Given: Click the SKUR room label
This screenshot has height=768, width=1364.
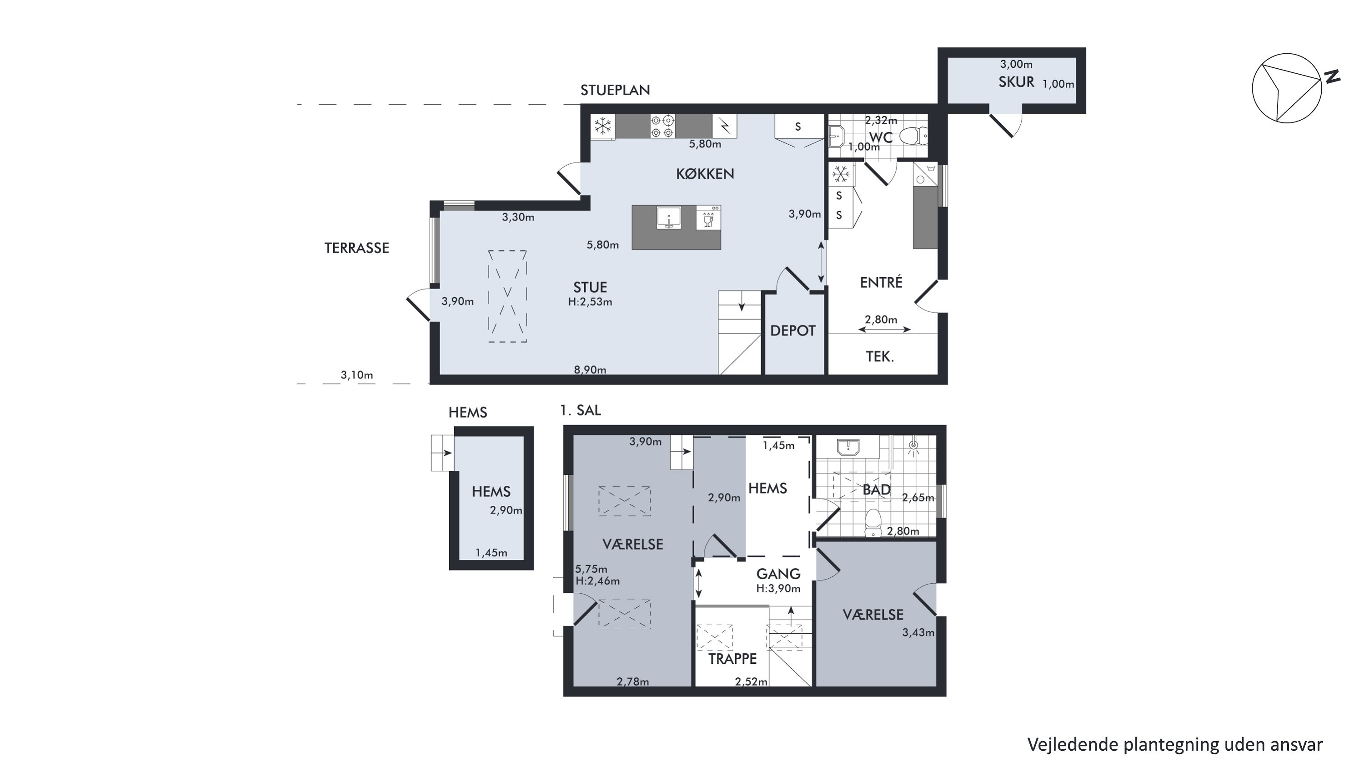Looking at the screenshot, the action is point(1016,82).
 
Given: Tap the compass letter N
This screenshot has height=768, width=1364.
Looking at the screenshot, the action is point(1332,77).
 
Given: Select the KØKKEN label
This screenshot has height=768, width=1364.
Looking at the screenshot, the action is point(705,174).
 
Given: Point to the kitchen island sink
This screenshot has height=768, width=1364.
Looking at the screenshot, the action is point(669,217).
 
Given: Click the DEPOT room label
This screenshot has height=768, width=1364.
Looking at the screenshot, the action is point(792,331).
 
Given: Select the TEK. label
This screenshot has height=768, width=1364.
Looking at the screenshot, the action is point(880,357).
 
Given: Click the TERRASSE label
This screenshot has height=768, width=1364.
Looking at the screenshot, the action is point(356,248).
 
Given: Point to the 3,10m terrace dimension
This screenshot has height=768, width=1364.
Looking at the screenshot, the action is point(356,375).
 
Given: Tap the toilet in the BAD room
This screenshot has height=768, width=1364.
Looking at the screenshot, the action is point(872,523).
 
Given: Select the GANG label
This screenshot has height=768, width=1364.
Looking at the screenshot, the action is point(778,574).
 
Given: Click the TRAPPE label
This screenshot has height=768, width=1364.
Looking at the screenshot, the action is point(732,659).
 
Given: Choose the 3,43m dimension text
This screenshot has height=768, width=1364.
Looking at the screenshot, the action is point(918,632).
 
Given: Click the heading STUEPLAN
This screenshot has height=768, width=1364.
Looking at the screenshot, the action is point(615,90).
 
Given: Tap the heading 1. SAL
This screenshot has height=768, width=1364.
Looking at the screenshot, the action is point(580,410).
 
